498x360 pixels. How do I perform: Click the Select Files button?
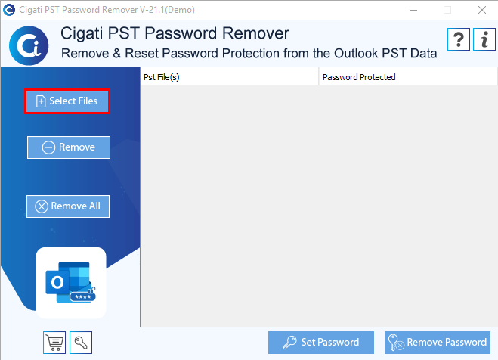coord(67,101)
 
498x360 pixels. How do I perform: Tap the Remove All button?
coord(68,206)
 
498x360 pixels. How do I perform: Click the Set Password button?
coord(320,342)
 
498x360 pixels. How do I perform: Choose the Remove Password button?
coord(438,342)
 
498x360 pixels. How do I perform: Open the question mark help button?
coord(458,39)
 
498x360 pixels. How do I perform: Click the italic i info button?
coord(484,39)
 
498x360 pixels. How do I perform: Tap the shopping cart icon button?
coord(54,343)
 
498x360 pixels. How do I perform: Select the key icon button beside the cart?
coord(81,343)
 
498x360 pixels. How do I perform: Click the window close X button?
coord(482,10)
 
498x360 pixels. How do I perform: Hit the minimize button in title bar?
coord(413,10)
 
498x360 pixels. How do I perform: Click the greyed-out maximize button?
coord(447,10)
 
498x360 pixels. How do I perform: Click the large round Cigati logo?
coord(29,45)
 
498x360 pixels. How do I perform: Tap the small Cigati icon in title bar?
coord(9,10)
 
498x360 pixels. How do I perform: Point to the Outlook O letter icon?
coord(57,282)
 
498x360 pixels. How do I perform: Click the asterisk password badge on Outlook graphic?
coord(82,297)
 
